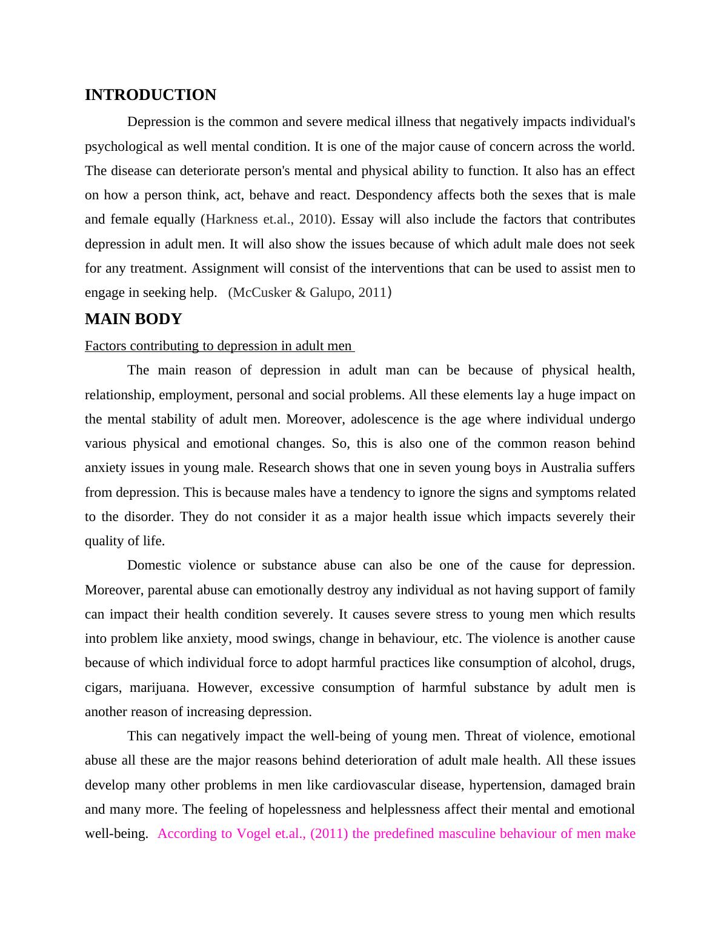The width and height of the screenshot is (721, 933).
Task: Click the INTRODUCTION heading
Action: [150, 95]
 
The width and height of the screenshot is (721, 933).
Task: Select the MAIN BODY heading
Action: [133, 319]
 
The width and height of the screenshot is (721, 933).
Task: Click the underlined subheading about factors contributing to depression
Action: [219, 346]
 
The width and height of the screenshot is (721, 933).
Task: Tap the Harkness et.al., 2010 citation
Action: [267, 219]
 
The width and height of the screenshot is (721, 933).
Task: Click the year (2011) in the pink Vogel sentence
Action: [329, 834]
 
